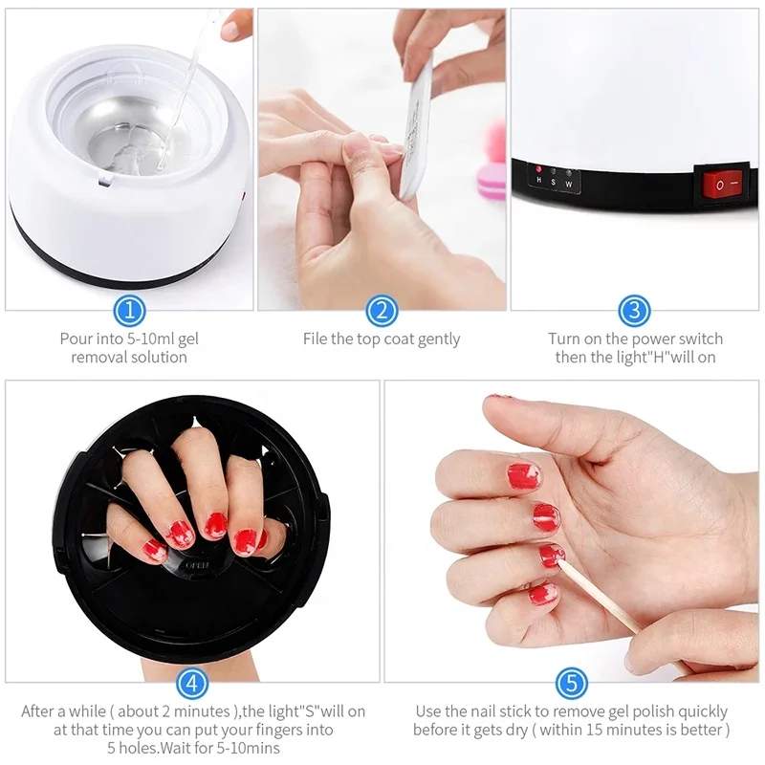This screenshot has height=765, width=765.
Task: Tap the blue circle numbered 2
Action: click(382, 310)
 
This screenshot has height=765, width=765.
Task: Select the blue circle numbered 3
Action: click(635, 310)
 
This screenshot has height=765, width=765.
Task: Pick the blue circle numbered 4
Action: click(193, 683)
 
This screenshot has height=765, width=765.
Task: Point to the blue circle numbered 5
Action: click(571, 683)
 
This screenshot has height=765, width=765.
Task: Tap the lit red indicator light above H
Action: click(538, 168)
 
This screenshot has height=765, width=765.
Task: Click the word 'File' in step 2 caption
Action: click(317, 339)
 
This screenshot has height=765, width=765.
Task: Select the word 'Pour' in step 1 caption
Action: click(76, 339)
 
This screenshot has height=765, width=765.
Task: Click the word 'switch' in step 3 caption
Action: click(698, 339)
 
